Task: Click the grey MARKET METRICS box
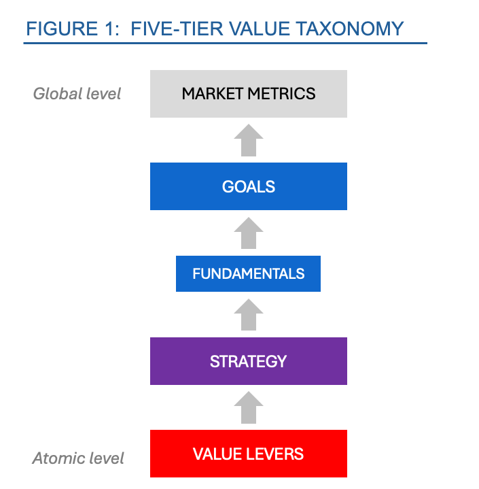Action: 248,93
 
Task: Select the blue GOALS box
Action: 248,186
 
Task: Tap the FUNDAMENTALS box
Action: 248,274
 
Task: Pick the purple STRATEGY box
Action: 248,361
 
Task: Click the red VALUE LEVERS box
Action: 248,454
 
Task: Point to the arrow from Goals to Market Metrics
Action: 248,140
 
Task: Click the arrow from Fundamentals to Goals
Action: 248,233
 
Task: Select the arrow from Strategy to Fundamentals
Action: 248,315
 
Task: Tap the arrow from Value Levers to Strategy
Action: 248,407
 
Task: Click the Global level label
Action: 77,93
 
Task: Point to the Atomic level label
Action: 78,458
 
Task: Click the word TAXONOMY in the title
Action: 351,29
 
